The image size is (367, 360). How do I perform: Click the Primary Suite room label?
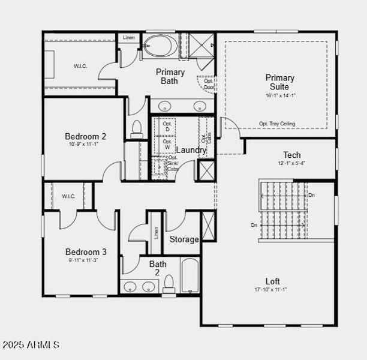point(280,82)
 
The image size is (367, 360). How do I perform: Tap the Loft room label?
point(273,281)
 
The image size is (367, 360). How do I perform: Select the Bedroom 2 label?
point(86,136)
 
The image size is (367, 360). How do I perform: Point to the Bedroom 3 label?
point(86,252)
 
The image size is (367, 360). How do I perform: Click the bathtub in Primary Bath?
point(158,46)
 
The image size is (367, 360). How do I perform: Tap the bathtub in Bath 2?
point(189,275)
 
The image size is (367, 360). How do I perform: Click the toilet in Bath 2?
point(169,283)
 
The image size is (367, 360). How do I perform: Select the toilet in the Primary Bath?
point(137,128)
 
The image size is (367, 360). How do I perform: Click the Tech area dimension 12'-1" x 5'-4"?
point(292,164)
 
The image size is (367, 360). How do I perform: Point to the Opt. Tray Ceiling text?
point(277,124)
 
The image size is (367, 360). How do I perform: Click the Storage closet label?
point(184,239)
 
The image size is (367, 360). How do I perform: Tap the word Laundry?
point(191,150)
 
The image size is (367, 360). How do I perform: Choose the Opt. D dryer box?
point(167,127)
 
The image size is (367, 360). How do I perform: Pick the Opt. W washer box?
point(167,145)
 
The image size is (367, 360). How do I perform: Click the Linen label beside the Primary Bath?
point(129,38)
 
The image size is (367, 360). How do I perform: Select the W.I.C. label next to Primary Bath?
point(80,66)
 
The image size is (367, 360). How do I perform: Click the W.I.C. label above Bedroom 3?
point(67,196)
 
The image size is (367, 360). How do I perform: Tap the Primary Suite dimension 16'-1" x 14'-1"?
point(280,95)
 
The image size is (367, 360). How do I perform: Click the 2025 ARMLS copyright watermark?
point(31,344)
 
